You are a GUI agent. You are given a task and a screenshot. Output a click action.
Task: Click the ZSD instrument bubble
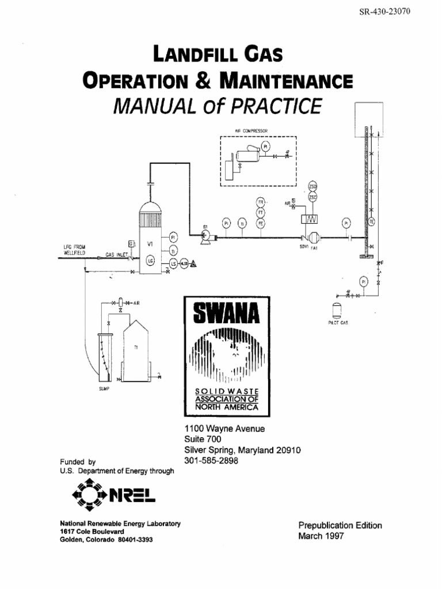coord(313,186)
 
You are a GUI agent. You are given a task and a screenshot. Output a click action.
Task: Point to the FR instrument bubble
coord(260,202)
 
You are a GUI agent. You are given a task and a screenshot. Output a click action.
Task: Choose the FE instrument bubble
coord(260,223)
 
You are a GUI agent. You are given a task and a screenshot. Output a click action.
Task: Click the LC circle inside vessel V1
coord(151,261)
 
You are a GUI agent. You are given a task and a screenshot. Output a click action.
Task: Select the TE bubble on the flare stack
coord(372,221)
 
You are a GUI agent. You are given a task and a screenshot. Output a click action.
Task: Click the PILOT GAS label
coord(338,323)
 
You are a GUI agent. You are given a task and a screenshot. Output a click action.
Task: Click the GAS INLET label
coord(116,254)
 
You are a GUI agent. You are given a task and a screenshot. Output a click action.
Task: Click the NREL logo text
coord(135,495)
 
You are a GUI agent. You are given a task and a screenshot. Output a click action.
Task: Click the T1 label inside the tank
coord(136,348)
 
